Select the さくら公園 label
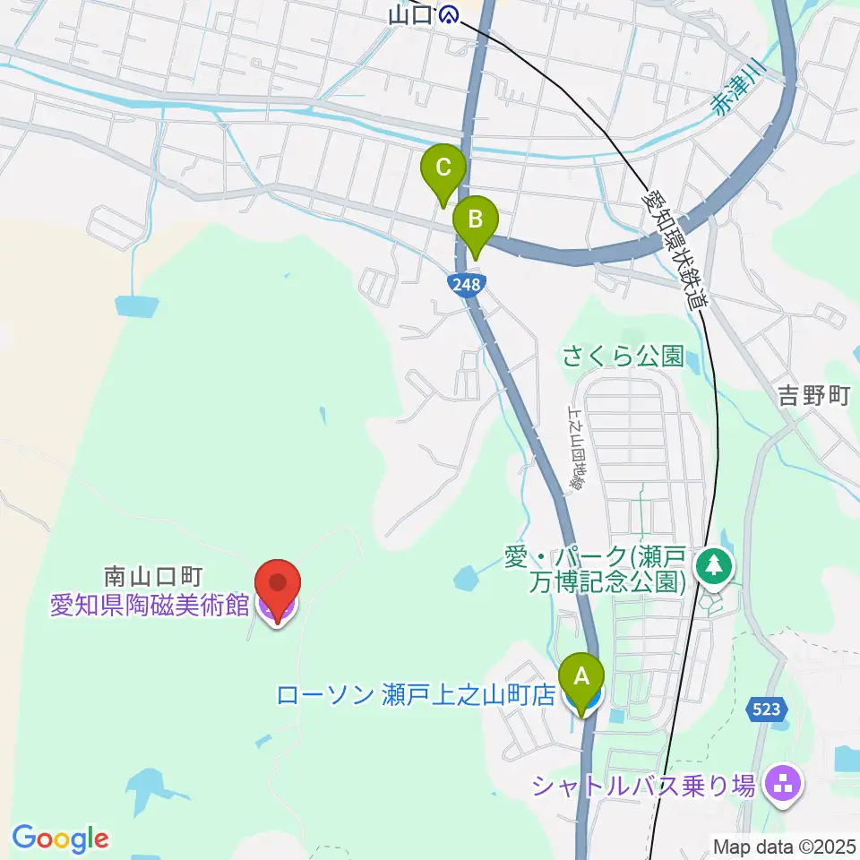coord(623,357)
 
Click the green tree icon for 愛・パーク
coord(714,565)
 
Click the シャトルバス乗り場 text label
coord(643,786)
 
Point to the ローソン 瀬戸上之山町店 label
coord(417,695)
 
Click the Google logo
coord(60,838)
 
